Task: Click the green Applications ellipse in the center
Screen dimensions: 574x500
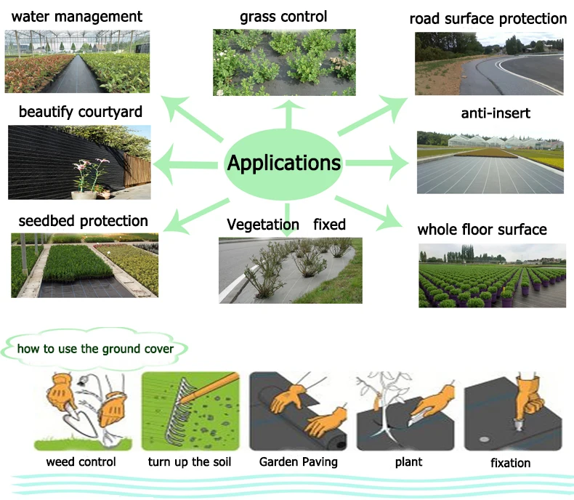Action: click(283, 164)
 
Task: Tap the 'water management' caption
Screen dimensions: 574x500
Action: click(77, 17)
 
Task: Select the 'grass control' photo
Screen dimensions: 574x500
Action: click(284, 62)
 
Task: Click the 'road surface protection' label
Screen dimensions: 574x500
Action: click(488, 19)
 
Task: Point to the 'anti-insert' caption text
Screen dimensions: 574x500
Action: click(496, 113)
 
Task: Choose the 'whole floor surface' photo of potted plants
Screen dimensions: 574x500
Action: click(493, 275)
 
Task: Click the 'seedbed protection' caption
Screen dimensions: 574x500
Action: click(83, 221)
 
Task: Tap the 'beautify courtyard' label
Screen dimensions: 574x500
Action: click(81, 112)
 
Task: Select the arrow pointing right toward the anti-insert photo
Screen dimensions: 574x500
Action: click(377, 164)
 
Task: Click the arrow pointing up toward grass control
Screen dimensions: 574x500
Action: click(289, 114)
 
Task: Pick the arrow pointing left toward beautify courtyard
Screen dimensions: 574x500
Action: click(185, 164)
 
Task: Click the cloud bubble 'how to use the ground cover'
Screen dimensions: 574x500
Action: click(94, 348)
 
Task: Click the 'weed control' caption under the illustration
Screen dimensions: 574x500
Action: click(81, 462)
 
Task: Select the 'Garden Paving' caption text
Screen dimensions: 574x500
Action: click(299, 462)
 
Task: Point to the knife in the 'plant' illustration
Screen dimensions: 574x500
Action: click(417, 419)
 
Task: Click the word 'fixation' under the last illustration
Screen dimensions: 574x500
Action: click(510, 463)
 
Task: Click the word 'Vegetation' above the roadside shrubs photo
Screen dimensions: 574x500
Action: click(263, 225)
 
